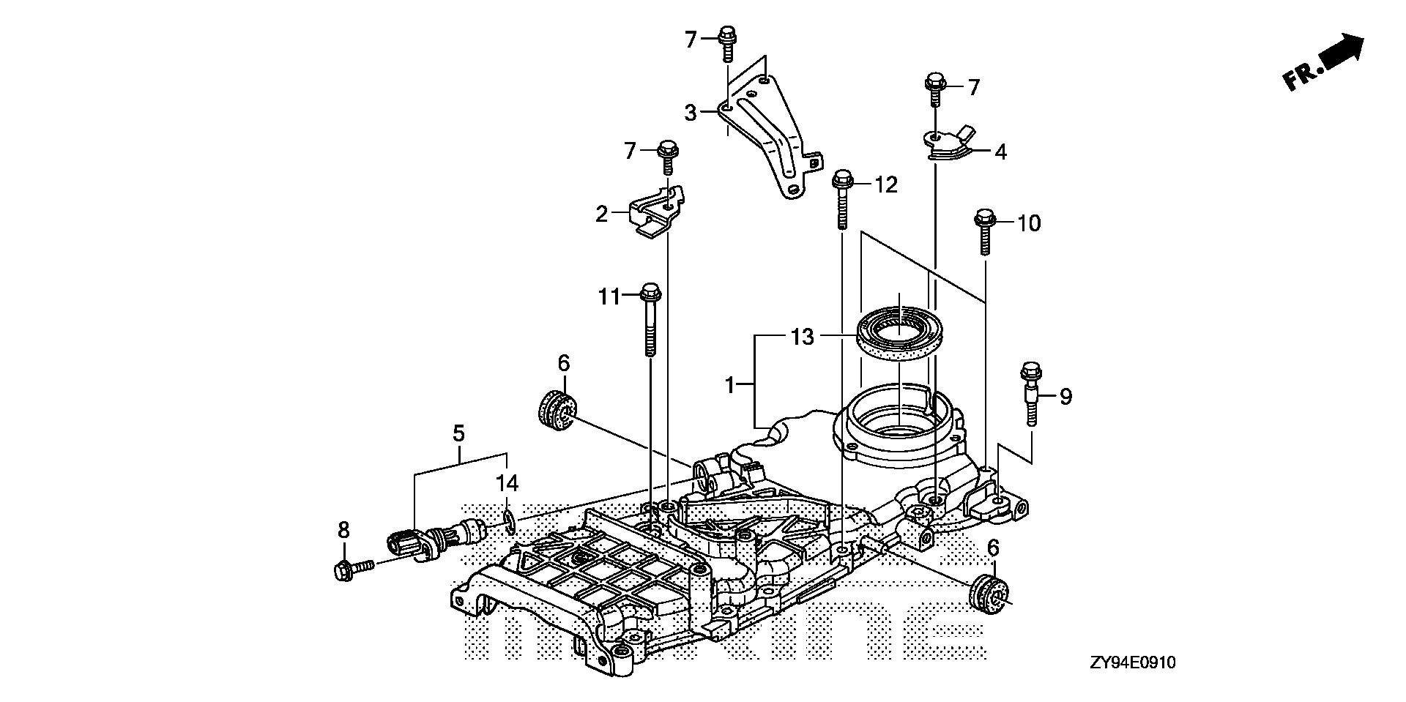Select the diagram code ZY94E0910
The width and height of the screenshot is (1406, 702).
1131,663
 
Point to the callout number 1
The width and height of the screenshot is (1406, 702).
729,384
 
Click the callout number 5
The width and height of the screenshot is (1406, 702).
458,433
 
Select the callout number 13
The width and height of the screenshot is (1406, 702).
802,337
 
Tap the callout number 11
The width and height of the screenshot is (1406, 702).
609,296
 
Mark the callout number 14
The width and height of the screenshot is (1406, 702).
507,483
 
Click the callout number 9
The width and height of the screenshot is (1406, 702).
1065,397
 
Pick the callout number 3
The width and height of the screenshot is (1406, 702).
690,113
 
